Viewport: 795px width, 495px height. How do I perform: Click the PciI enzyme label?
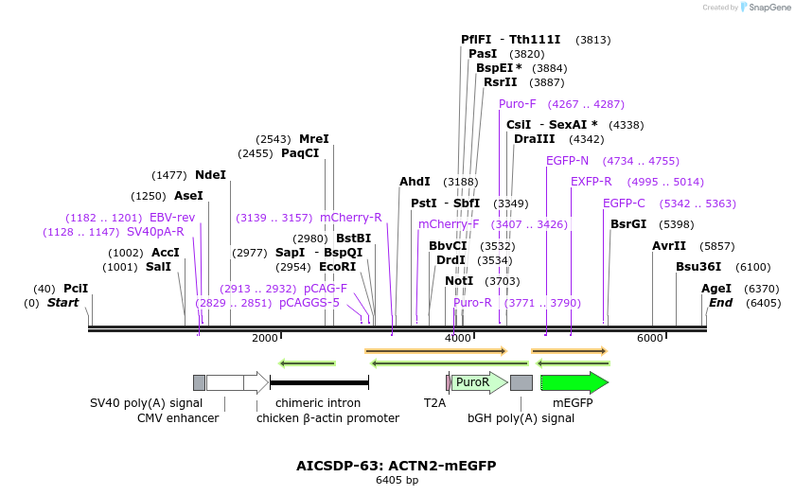coord(76,289)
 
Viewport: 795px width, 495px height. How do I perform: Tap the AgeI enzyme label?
coord(716,289)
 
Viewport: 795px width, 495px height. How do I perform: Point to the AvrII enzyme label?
coord(669,246)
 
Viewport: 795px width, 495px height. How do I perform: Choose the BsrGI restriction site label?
coord(628,224)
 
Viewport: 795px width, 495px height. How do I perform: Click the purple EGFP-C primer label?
coord(624,203)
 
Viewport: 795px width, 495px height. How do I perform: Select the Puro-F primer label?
coord(518,104)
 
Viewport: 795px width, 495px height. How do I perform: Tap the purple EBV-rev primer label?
coord(172,218)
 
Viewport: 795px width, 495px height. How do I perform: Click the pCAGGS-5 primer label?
coord(309,303)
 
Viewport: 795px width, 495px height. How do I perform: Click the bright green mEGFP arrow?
coord(574,382)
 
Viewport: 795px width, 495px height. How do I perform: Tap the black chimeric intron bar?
coord(319,382)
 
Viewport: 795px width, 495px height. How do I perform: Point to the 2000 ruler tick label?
coord(265,338)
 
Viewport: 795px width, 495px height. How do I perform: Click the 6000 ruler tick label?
coord(650,338)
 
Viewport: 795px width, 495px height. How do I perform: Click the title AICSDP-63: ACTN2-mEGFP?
coord(397,466)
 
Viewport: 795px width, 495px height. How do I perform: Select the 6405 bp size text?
coord(397,481)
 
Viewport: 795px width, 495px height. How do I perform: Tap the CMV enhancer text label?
coord(178,417)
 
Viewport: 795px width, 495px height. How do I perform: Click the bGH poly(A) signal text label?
coord(521,417)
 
